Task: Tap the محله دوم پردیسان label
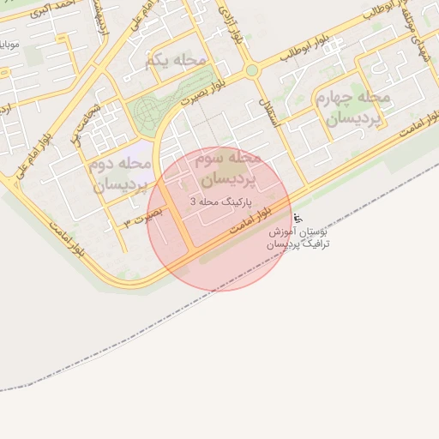(x=120, y=172)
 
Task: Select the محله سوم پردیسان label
(x=227, y=168)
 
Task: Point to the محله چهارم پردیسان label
(x=352, y=107)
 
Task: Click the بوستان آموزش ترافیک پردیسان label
(x=298, y=238)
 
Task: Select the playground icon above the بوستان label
(x=297, y=218)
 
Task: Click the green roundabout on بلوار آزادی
(x=251, y=70)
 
